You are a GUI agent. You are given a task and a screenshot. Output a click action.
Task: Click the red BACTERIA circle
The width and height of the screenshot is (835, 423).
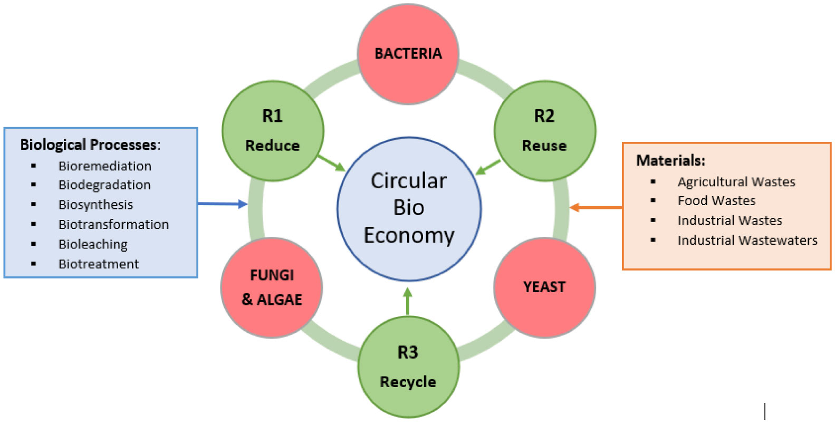408,53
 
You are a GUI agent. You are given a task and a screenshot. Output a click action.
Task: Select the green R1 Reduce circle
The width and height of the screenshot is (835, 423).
273,131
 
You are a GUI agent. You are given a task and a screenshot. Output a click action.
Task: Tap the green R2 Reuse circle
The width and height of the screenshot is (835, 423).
544,131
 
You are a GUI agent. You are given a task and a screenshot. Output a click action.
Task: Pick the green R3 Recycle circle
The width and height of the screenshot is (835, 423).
408,367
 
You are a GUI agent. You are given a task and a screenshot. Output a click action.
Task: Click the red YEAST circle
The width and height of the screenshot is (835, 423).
544,287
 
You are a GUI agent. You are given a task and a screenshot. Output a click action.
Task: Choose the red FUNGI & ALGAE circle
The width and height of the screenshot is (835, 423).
272,287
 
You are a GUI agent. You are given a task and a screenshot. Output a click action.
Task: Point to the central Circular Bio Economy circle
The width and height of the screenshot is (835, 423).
409,208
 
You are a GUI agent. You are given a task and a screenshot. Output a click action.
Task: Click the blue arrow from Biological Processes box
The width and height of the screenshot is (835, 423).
222,204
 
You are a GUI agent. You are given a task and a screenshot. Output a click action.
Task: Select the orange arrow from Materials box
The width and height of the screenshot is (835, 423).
596,208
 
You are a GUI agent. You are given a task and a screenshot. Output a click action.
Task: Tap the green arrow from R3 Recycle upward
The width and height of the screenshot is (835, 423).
407,302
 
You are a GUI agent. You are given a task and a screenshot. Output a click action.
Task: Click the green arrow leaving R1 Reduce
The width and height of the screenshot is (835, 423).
331,163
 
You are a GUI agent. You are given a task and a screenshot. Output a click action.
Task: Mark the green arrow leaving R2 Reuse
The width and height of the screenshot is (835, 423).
487,167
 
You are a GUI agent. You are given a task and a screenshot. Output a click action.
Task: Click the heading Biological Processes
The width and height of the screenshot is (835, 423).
90,145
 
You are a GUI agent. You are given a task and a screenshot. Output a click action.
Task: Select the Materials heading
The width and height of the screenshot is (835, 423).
670,160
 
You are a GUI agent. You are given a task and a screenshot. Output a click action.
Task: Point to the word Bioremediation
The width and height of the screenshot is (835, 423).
104,166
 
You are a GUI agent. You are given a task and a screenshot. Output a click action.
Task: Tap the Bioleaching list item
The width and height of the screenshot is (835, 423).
93,244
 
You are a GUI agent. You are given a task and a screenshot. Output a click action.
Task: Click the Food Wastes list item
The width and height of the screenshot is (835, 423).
716,201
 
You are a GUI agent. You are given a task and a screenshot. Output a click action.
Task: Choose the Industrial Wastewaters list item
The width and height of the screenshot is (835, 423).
747,241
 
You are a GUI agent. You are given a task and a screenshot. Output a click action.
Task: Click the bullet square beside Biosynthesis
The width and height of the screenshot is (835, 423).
34,205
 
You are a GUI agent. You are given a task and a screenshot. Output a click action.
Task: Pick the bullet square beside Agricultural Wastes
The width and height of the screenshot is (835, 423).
653,182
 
